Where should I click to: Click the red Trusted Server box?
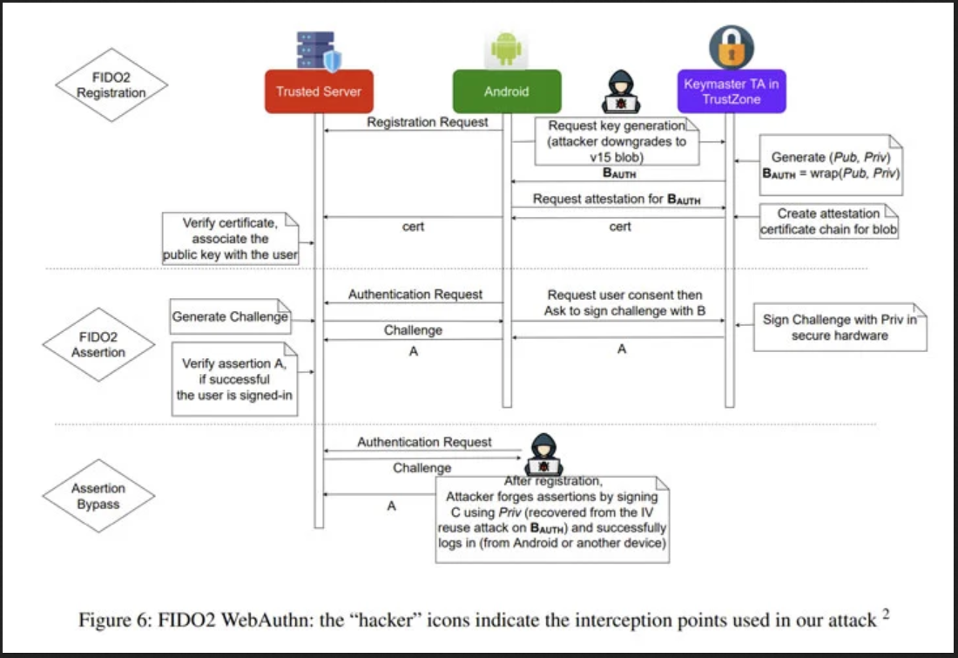pos(318,92)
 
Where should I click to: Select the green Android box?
pos(507,92)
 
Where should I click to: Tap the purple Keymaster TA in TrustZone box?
pos(732,92)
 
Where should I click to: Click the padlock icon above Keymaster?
pos(732,47)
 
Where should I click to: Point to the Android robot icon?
pos(507,49)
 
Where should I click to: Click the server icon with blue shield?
pos(318,51)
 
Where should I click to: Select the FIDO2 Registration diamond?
pos(111,85)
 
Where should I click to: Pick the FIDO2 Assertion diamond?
pos(98,344)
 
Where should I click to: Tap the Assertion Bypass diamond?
pos(98,496)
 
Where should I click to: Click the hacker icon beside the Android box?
pos(621,92)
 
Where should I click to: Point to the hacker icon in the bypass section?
pos(543,454)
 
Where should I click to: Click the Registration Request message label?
pos(427,122)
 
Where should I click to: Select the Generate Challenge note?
pos(230,316)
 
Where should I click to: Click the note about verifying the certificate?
pos(230,239)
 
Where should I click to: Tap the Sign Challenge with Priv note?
pos(840,327)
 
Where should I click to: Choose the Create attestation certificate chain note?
pos(829,221)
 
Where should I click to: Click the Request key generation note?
pos(617,142)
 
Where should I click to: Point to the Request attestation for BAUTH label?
pos(617,200)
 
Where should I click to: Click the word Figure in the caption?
pos(105,620)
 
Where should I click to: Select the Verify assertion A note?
pos(234,379)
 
